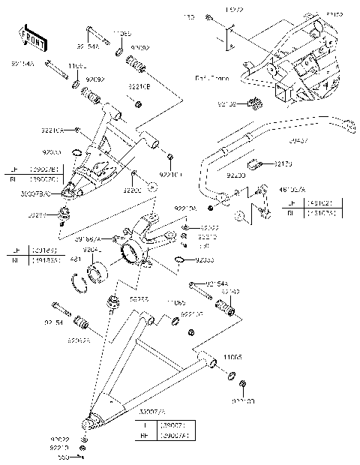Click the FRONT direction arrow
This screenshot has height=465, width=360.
29,36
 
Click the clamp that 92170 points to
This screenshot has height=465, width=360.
256,160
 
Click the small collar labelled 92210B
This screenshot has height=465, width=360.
138,102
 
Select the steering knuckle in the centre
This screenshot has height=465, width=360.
142,240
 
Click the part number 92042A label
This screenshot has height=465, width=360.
78,340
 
